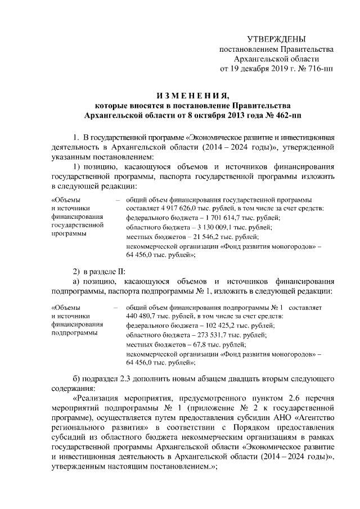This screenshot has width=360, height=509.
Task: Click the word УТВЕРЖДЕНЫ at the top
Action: [x=277, y=39]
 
